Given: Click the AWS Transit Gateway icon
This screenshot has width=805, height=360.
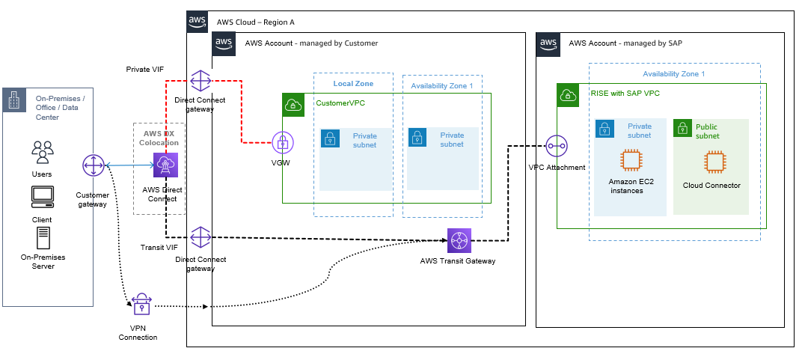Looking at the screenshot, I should (x=458, y=241).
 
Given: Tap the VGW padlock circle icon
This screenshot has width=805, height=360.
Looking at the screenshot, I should (x=283, y=142).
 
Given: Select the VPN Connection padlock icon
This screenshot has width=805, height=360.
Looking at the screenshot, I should (x=141, y=304).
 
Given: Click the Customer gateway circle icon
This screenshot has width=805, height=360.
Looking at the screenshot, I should (x=94, y=165).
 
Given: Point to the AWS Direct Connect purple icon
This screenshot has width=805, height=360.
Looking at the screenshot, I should (x=165, y=165).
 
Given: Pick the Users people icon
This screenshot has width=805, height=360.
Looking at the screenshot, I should (x=42, y=153).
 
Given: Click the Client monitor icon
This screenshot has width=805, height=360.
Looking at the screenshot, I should (x=42, y=197).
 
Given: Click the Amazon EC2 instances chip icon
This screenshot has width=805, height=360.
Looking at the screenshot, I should (x=631, y=161).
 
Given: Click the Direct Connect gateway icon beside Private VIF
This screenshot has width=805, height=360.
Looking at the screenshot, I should (x=201, y=80).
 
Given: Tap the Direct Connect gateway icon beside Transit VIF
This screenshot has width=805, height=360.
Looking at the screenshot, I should (x=201, y=238).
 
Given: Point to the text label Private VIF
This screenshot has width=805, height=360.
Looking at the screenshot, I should (x=144, y=69).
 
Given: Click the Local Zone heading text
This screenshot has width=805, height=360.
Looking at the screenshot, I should (x=353, y=84).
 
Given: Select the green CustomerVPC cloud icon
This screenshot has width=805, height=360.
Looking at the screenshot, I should (x=293, y=104).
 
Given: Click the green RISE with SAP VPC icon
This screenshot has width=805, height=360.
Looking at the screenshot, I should (x=568, y=94).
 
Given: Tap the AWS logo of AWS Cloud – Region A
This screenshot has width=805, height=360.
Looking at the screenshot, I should (x=198, y=22).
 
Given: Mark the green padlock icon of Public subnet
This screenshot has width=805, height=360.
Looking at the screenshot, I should (x=683, y=128).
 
